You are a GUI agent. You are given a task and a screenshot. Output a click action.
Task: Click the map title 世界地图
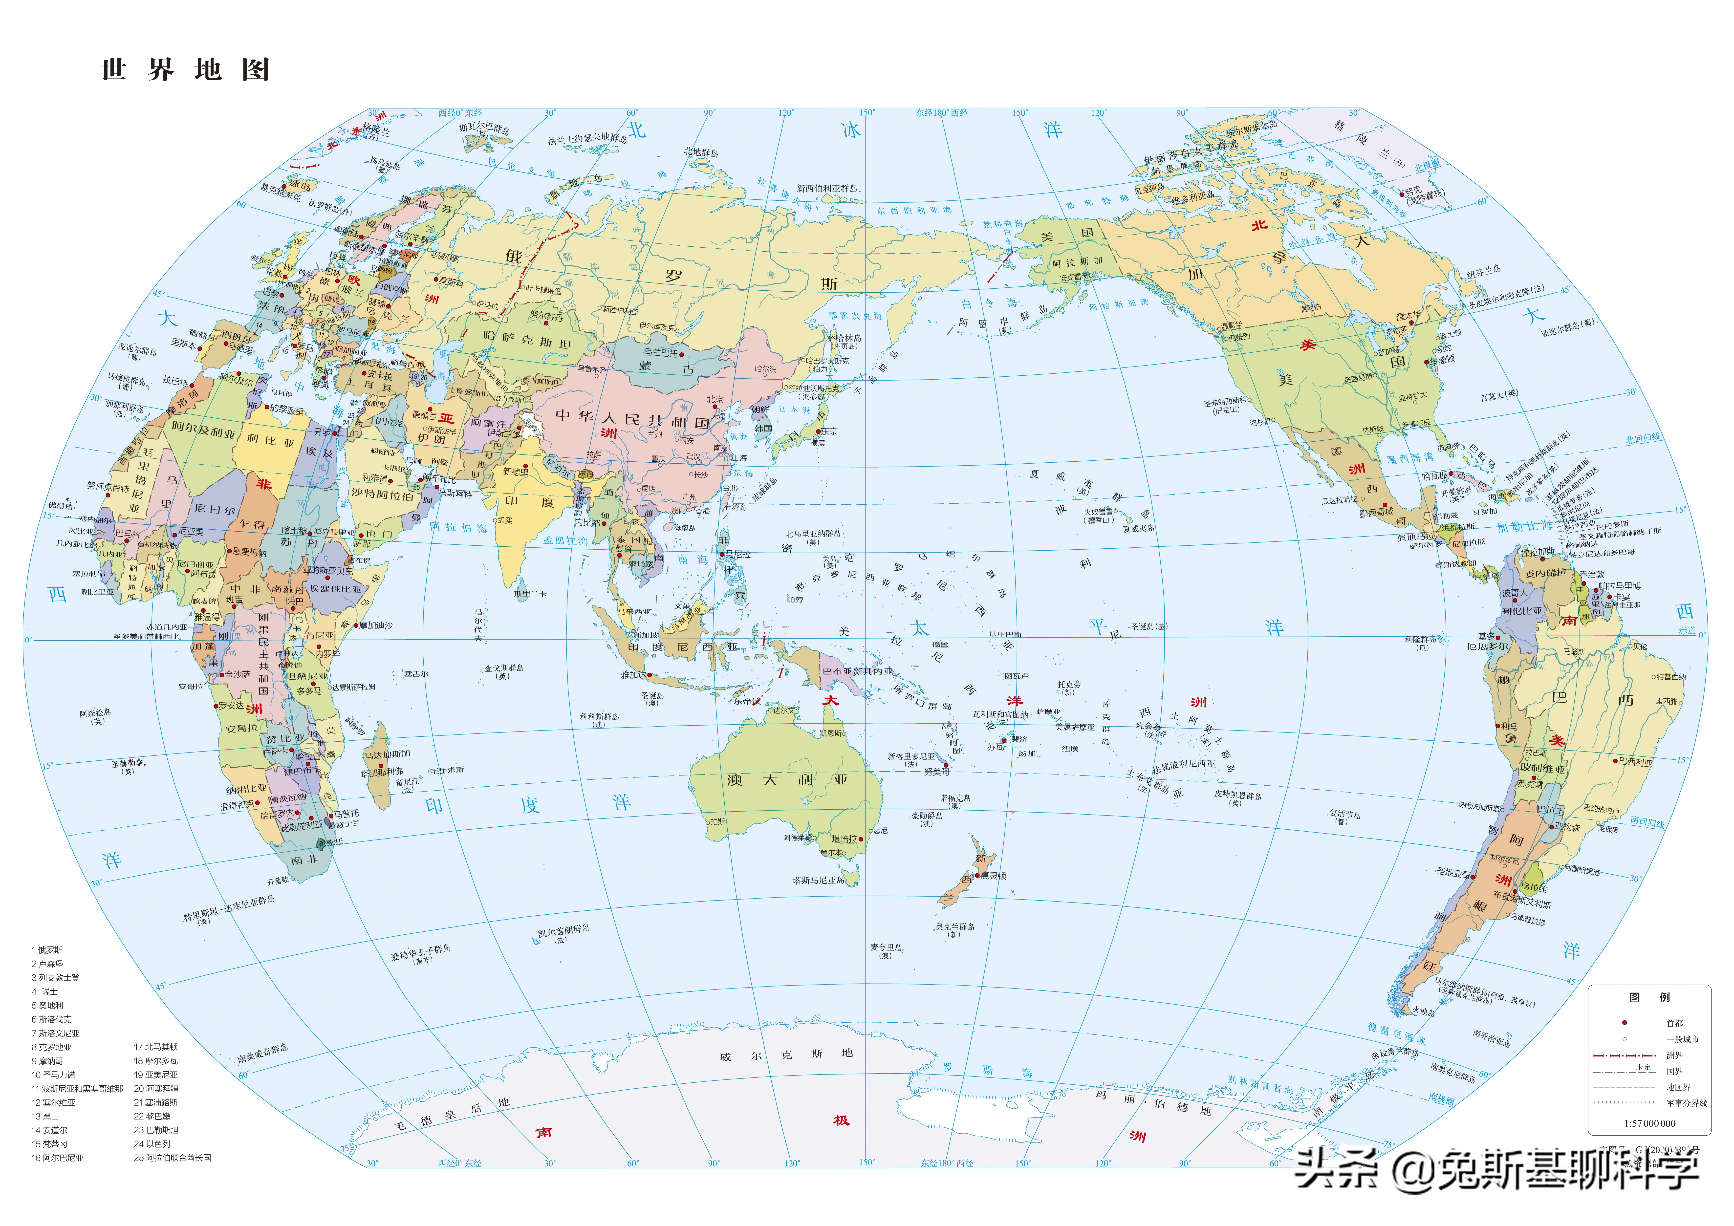(x=185, y=69)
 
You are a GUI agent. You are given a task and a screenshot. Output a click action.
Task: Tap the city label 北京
(x=715, y=399)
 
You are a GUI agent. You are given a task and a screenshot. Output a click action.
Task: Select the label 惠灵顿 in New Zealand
(x=993, y=876)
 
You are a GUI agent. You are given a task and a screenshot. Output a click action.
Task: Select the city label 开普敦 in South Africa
(x=278, y=881)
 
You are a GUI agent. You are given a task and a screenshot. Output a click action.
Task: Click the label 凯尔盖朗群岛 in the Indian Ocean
(x=564, y=930)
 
